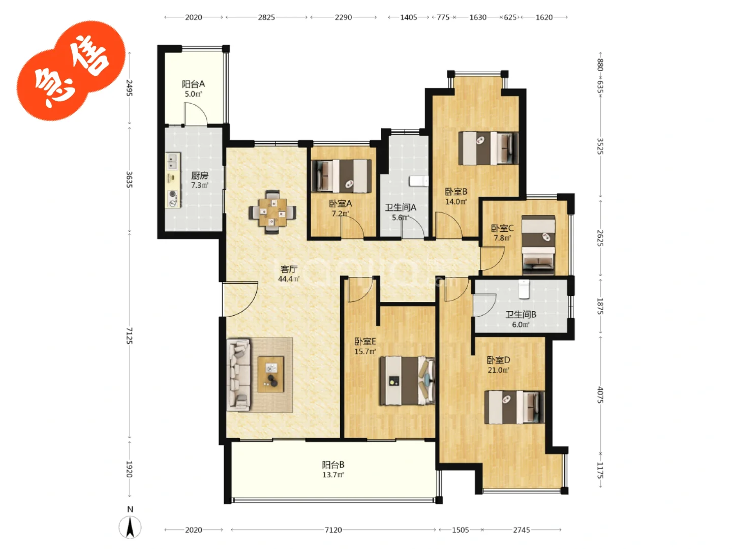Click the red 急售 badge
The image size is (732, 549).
coord(71,70)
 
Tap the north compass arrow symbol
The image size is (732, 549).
coord(130,527)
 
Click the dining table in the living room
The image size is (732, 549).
coord(272,211)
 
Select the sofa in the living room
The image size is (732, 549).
coord(238,375)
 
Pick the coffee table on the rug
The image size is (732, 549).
coord(271,374)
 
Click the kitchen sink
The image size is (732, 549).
coord(173,161)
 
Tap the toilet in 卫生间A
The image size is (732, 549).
coord(419,181)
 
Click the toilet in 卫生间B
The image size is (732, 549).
coord(524,289)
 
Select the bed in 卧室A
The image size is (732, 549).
coord(341,176)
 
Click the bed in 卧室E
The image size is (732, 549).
coord(407,380)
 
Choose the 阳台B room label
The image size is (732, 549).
coord(333,465)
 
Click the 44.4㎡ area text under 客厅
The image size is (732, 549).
coord(289,279)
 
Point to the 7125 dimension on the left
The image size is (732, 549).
coord(130,335)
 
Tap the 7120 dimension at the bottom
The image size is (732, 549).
coord(333,530)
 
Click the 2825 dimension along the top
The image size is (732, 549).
coord(266,17)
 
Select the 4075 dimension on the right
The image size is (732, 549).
coord(600,394)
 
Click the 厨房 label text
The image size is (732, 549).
coord(199,175)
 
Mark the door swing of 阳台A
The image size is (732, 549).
coord(196,114)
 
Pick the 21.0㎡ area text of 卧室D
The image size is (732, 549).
coord(498,370)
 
